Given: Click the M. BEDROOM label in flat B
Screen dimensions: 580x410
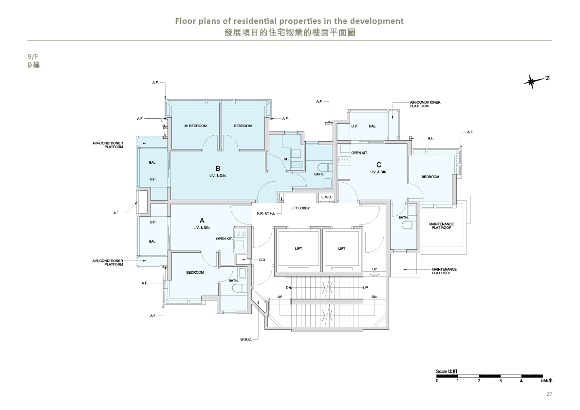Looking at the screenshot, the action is tap(195, 126).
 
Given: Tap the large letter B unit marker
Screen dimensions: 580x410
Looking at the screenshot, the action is tap(218, 168).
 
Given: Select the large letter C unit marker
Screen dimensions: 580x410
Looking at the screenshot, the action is tap(379, 165).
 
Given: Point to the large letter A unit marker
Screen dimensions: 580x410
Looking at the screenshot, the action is tap(202, 221).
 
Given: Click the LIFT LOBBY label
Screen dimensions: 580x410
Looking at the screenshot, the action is tap(300, 208).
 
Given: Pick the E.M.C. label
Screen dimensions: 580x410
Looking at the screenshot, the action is tap(327, 197).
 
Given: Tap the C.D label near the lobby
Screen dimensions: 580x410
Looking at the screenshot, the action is tap(262, 260).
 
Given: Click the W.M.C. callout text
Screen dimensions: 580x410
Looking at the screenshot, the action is tap(245, 339).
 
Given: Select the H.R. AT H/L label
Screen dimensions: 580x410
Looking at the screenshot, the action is tap(266, 214).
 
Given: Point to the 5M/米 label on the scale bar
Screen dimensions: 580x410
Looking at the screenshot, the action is tap(547, 380).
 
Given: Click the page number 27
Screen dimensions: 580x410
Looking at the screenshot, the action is tap(549, 394).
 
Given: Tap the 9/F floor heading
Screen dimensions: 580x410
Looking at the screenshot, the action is tap(33, 56).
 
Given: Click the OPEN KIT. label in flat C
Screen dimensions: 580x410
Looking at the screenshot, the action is tap(359, 153).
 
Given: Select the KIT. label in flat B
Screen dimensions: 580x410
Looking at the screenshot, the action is tap(287, 159).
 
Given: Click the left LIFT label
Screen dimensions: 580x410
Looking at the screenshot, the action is tap(299, 249).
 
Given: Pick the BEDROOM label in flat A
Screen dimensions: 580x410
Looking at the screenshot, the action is tap(195, 273).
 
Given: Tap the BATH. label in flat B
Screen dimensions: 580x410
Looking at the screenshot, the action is tap(319, 174).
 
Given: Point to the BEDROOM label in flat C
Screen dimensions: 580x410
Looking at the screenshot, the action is tap(430, 177).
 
